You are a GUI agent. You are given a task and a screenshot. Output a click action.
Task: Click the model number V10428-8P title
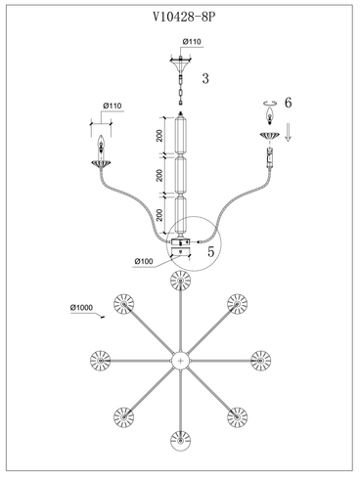(184, 17)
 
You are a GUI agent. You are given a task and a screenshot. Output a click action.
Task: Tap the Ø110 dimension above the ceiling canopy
(192, 42)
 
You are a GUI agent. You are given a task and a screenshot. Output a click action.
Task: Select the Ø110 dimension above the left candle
(112, 106)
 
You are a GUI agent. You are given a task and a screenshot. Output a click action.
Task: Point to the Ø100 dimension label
(144, 261)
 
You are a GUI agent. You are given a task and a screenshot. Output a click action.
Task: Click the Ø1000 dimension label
(81, 308)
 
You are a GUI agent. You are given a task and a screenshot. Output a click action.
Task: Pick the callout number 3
(205, 78)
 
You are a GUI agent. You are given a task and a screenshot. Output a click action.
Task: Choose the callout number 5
(211, 251)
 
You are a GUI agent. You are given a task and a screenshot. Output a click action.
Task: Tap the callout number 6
(289, 103)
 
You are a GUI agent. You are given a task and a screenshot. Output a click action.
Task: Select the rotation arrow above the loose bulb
(270, 104)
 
